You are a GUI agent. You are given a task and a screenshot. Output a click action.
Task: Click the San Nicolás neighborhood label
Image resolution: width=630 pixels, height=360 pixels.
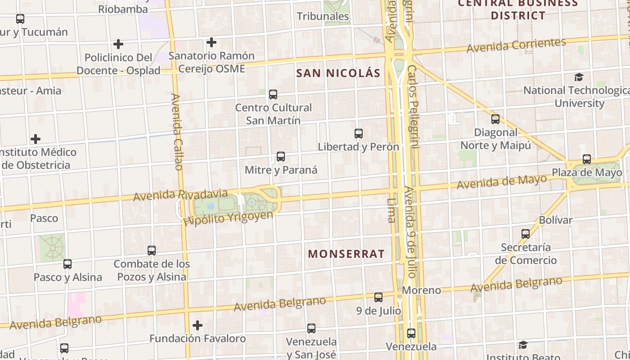coord(338,73)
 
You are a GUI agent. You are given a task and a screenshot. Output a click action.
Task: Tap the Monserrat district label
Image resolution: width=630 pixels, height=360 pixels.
coord(346,254)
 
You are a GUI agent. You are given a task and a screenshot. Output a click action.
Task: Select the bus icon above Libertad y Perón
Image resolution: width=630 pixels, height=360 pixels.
coord(359,134)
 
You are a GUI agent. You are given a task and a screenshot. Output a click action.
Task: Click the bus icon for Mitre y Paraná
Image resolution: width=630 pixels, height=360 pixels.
coord(281,157)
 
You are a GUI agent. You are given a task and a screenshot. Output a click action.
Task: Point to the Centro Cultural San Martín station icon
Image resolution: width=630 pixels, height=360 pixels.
coord(273,94)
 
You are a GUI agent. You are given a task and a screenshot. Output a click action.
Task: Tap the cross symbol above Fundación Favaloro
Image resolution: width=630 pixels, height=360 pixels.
coord(198,325)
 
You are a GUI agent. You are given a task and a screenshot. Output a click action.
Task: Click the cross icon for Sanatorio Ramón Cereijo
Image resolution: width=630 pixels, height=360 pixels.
coord(211,43)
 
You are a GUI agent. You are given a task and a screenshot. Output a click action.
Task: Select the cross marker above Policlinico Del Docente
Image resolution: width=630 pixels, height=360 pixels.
coord(118,44)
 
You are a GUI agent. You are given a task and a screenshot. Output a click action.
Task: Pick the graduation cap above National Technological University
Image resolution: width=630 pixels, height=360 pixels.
coord(579,77)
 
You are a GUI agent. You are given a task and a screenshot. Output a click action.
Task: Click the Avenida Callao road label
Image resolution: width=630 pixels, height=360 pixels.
coord(177,131)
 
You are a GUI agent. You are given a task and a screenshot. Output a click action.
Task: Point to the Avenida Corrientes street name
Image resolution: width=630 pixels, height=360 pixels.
coord(516,45)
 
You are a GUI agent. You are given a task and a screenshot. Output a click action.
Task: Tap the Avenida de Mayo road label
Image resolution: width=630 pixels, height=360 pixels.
coord(502,182)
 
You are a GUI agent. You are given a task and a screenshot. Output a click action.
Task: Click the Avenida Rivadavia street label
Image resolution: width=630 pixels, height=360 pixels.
coord(180,195)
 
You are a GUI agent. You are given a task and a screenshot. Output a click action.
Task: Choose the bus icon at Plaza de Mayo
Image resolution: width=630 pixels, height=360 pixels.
coord(587,159)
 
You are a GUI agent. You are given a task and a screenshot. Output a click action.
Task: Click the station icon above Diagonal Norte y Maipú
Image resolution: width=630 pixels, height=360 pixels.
coord(495,119)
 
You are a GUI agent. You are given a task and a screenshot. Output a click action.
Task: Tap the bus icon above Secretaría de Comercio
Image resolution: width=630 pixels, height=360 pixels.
coord(526,234)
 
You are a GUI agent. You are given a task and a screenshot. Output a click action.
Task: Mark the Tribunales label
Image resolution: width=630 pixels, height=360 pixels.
coord(323,17)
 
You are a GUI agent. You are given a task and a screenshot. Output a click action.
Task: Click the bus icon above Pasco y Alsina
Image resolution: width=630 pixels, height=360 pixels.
coord(67,264)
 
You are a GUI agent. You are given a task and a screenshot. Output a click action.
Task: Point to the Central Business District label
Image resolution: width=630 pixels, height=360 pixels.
coord(518,9)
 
